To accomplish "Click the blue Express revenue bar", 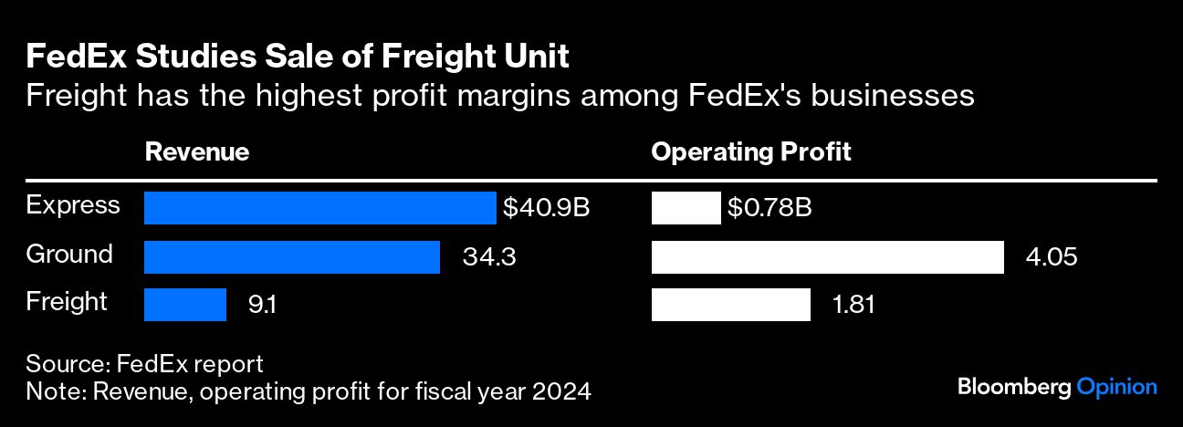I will tap(319, 208).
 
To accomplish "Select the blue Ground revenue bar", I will tap(292, 257).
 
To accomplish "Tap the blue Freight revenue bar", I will tap(185, 305).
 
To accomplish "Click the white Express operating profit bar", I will tap(686, 208).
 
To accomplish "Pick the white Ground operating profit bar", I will tap(827, 257).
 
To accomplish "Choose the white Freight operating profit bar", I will tap(730, 305).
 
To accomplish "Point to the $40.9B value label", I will tap(546, 208).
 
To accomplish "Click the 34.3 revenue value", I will tap(489, 257).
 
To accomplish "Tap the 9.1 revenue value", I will tap(262, 305).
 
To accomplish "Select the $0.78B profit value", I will tap(769, 208).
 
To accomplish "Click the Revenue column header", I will tap(197, 152).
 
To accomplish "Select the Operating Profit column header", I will tap(750, 152).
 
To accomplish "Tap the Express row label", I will tap(73, 205).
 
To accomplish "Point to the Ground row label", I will tap(69, 254).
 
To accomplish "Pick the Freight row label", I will tap(67, 302).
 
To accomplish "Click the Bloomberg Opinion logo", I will tap(1057, 387).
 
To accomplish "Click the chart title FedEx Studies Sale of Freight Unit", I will tap(298, 57).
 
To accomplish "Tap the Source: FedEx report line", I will tap(144, 364).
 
